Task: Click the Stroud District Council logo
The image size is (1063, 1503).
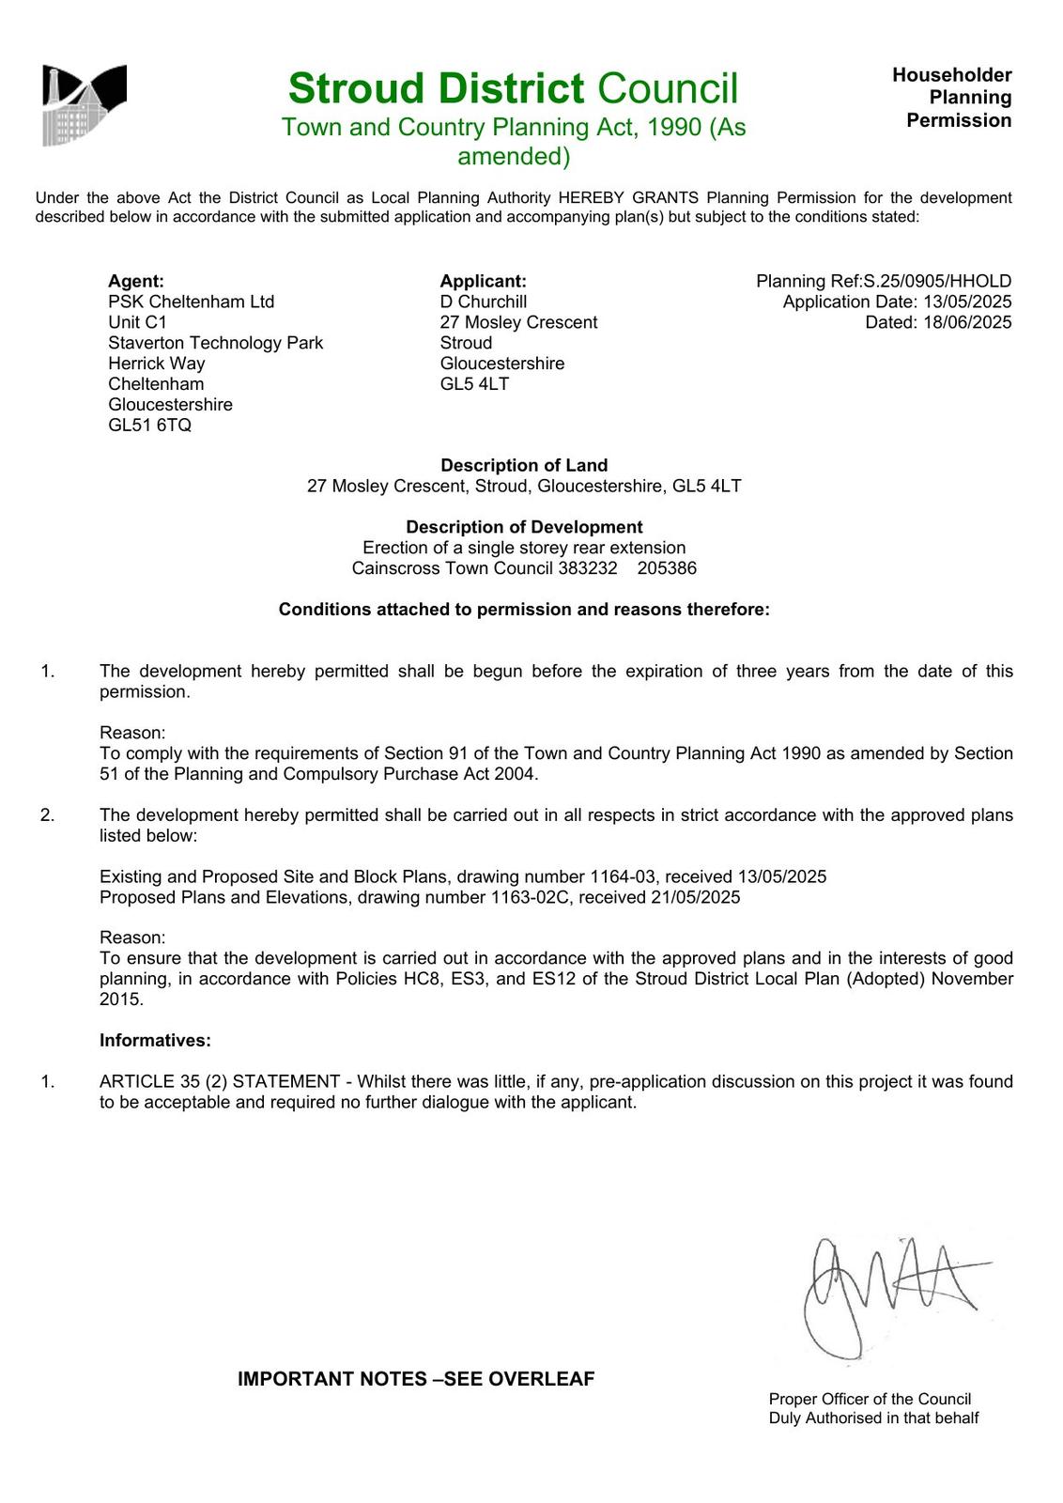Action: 84,105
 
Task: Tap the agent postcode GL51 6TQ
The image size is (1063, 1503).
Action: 149,426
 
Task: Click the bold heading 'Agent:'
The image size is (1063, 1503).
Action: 136,281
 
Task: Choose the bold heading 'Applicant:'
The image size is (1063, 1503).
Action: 483,281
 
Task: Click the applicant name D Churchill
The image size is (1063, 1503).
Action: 483,302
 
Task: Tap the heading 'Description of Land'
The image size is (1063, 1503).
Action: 524,465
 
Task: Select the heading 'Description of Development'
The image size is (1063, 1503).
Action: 524,527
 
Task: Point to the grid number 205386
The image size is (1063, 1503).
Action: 667,568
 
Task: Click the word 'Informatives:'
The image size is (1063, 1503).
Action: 155,1040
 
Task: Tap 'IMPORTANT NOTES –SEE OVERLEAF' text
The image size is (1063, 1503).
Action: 416,1379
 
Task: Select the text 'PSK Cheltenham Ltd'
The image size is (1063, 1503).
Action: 191,302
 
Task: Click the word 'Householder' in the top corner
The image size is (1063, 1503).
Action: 951,75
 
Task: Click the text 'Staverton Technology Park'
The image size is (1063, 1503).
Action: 215,343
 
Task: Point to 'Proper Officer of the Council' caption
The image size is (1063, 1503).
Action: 870,1399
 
